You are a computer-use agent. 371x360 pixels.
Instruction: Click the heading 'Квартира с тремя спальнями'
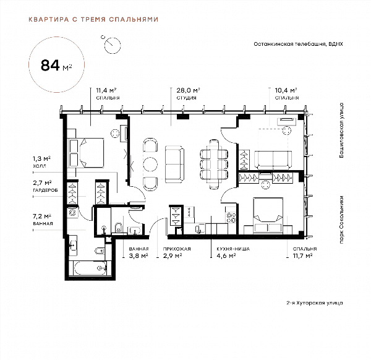click(x=93, y=19)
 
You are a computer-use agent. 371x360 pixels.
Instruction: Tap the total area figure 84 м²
click(x=56, y=66)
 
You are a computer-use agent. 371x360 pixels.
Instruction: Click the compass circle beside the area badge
click(x=113, y=45)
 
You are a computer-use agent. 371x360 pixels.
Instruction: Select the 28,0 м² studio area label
click(x=188, y=94)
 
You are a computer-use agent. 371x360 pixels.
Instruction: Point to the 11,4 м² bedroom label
click(x=108, y=94)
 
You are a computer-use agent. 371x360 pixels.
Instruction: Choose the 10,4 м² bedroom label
click(x=286, y=94)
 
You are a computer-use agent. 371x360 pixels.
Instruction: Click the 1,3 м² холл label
click(x=41, y=162)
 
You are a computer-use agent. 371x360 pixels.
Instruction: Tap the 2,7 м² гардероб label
click(x=45, y=186)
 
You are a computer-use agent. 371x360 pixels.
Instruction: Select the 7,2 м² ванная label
click(x=43, y=220)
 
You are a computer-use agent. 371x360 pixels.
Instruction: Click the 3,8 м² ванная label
click(x=139, y=252)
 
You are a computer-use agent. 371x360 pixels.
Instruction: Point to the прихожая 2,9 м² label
click(x=177, y=252)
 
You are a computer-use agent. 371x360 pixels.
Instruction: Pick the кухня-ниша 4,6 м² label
click(x=233, y=252)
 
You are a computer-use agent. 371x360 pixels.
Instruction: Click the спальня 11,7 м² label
click(x=305, y=252)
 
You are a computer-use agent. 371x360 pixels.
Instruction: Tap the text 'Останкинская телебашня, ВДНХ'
click(x=298, y=44)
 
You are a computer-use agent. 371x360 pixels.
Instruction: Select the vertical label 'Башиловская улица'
click(x=341, y=130)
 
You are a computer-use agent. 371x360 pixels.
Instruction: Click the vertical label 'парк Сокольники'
click(x=341, y=220)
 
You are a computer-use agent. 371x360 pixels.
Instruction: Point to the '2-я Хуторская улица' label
click(x=315, y=302)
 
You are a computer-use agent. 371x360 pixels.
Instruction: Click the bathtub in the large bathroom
click(x=90, y=268)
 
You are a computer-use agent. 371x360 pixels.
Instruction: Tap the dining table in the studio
click(x=214, y=164)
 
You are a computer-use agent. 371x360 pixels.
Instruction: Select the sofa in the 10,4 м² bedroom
click(x=273, y=160)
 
